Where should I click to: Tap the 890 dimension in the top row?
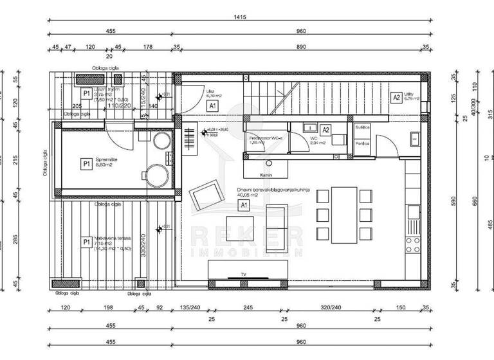pos(300,47)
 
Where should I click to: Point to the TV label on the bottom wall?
pos(244,274)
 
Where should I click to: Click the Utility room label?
pos(412,96)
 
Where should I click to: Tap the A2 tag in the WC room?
pos(325,130)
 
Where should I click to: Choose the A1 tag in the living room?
pos(244,205)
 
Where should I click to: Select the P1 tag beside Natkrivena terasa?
pos(86,242)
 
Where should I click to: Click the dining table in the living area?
pos(343,215)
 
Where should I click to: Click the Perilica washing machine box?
pos(361,144)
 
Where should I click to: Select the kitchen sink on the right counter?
pos(413,210)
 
